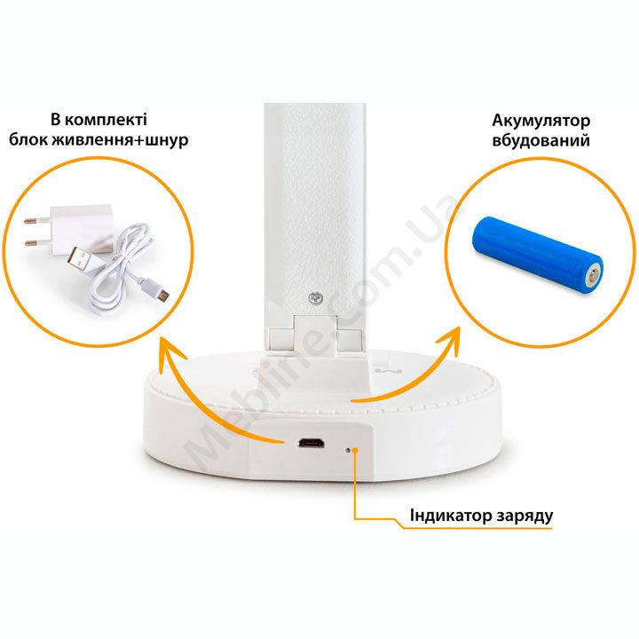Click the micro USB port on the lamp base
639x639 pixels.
(311, 443)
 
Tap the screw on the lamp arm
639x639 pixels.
(315, 298)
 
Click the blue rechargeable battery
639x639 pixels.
(537, 256)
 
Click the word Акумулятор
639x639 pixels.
(540, 121)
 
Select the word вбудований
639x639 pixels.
(540, 140)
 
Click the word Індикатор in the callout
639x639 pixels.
(451, 515)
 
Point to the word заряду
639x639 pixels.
(525, 517)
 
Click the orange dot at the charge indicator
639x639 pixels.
(355, 450)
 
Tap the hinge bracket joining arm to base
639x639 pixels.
(315, 335)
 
